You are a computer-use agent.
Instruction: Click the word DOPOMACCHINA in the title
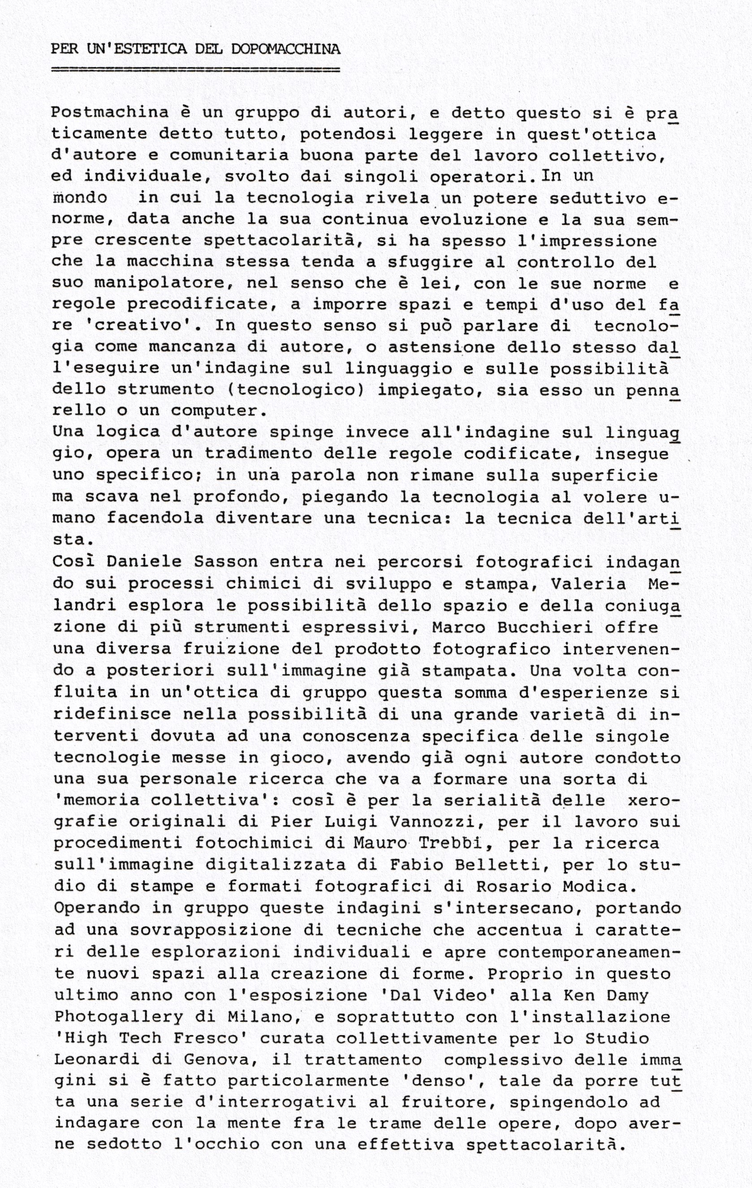(285, 49)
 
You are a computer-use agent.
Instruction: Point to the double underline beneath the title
(195, 69)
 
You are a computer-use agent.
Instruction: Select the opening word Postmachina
(110, 112)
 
